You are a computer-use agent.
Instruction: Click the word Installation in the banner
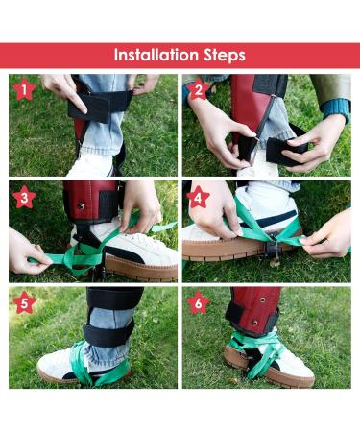point(156,55)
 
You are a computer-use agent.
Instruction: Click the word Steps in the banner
point(225,56)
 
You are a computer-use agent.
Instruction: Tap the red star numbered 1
point(24,89)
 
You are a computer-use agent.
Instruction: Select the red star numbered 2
point(199,89)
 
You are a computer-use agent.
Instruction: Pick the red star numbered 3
point(24,197)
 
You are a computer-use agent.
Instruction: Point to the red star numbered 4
point(199,197)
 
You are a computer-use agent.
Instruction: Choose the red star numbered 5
point(24,302)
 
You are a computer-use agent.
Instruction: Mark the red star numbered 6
point(199,302)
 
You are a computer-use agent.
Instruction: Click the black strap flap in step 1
point(88,108)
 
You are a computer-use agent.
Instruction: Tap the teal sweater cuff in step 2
point(335,109)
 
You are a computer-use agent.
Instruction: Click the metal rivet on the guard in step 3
point(81,205)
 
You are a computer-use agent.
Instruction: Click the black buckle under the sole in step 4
point(272,247)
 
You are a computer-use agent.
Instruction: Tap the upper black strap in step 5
point(115,299)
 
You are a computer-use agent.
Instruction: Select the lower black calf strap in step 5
point(108,333)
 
